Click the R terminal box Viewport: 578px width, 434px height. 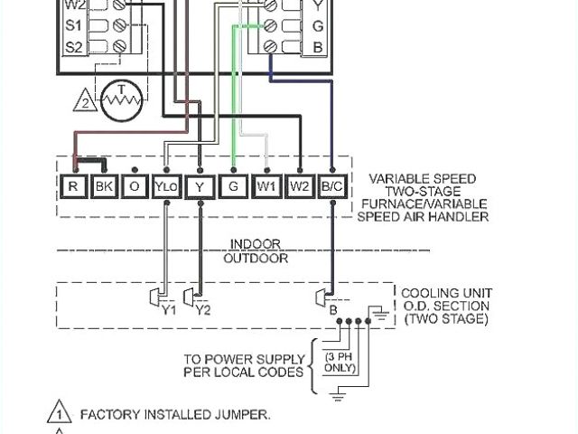(73, 186)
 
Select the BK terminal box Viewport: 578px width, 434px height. (104, 186)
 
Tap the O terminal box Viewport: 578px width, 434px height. (135, 186)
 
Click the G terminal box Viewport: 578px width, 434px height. (234, 186)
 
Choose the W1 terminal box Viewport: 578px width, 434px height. (266, 186)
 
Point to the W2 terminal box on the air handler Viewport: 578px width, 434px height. (300, 186)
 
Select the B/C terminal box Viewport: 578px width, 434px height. (332, 186)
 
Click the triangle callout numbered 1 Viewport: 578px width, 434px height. (60, 415)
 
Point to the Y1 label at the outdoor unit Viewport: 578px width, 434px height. (169, 310)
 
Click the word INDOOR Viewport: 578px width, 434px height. (256, 244)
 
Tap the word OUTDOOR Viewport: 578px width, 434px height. (256, 258)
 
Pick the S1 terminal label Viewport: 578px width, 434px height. (75, 24)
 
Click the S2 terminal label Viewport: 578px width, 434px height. (75, 45)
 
